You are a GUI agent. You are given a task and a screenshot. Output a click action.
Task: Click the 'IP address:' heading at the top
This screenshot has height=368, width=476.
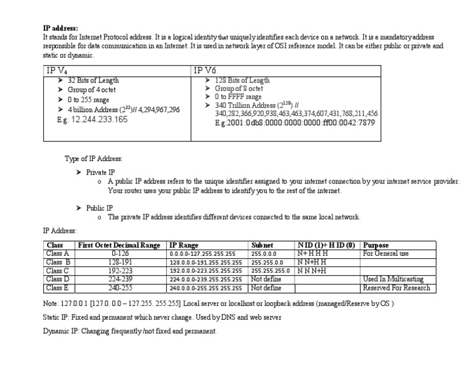(x=61, y=28)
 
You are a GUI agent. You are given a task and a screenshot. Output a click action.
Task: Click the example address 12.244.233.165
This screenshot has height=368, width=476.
(x=99, y=120)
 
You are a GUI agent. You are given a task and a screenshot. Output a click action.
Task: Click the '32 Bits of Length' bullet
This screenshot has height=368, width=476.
(x=93, y=81)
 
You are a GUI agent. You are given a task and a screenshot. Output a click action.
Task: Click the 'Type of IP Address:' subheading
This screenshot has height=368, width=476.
(x=94, y=159)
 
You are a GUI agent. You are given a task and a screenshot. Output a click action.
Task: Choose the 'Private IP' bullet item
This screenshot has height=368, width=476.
(x=100, y=172)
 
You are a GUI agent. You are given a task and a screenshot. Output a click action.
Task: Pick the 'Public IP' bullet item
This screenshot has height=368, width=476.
(x=99, y=208)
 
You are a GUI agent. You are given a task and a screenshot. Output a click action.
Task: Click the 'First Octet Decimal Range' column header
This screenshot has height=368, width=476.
(x=120, y=245)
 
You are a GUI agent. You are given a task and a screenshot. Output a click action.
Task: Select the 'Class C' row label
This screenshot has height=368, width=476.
(x=58, y=271)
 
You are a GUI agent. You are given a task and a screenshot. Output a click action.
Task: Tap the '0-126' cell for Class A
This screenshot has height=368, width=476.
(x=120, y=253)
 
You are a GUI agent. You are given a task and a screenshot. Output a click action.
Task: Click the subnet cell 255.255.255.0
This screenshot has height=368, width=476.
(x=270, y=271)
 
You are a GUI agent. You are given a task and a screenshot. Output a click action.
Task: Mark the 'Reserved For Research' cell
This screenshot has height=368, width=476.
(x=396, y=288)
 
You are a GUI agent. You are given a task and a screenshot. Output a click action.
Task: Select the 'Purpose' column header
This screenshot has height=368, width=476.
(x=376, y=245)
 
